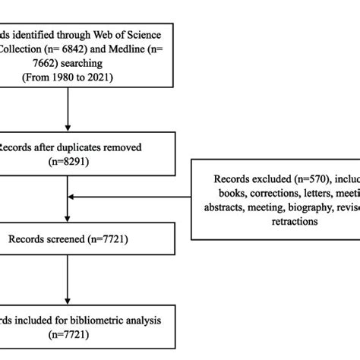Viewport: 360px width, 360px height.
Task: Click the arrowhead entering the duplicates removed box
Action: coord(68,128)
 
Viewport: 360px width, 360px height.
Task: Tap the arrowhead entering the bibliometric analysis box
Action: coord(68,298)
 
